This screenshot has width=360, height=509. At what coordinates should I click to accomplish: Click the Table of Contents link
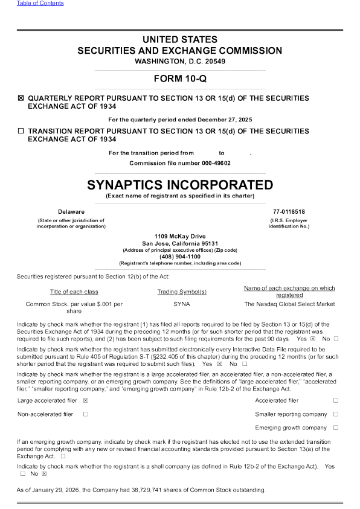coord(40,4)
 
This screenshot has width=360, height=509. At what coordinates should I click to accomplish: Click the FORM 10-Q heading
coord(179,79)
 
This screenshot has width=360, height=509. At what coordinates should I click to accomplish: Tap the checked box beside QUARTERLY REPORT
coord(21,98)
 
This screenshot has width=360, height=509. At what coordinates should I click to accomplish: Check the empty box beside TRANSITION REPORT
coord(21,130)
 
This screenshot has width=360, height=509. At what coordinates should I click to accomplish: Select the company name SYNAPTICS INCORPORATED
coord(179,184)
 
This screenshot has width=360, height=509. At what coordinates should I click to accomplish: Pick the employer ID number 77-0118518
coord(289,211)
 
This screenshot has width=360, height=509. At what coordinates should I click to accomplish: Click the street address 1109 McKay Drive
coord(179,236)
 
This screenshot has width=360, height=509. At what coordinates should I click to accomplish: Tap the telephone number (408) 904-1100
coord(179,257)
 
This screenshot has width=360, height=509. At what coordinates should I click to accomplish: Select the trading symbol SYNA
coord(181,304)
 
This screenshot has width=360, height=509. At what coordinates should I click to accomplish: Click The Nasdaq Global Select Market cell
coord(289,304)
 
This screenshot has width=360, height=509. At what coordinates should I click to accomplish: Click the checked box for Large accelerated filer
coord(86,400)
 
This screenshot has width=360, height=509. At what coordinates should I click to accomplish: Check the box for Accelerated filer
coord(335,400)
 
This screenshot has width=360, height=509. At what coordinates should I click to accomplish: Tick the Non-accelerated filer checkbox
coord(86,414)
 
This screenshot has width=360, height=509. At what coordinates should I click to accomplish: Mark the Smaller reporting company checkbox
coord(335,414)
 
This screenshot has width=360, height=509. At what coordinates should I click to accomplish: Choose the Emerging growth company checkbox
coord(335,428)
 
